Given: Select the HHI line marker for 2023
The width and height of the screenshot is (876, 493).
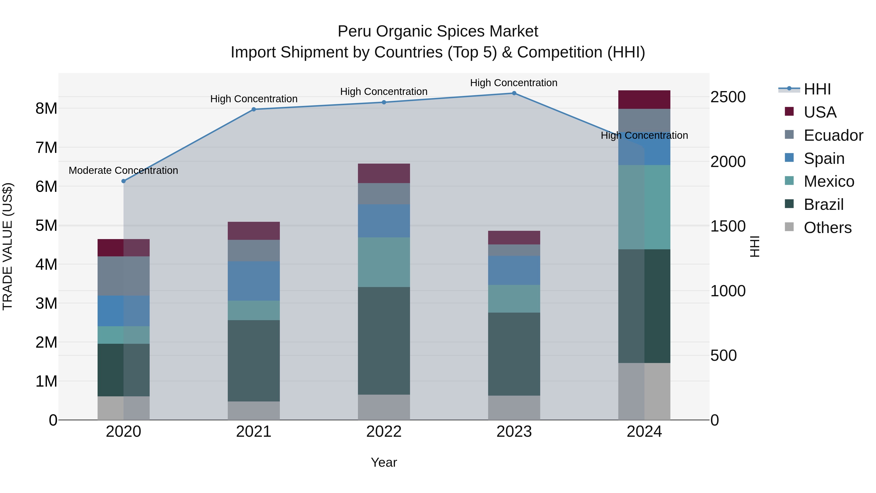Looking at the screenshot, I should [x=514, y=93].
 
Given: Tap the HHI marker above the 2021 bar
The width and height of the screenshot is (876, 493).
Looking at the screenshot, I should [x=254, y=110].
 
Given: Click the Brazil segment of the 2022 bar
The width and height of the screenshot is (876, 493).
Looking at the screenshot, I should [x=383, y=341].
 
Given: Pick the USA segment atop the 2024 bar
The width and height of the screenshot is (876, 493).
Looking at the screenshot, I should [x=644, y=100].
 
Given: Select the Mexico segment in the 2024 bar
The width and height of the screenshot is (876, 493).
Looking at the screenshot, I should [x=644, y=207].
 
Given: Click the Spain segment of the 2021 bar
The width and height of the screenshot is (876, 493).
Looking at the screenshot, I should [x=254, y=281].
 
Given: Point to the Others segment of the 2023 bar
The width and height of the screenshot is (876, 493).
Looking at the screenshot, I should [x=514, y=408].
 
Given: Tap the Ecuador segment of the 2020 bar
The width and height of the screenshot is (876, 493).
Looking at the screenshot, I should [x=123, y=276].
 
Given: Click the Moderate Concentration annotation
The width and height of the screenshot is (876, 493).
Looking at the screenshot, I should [x=123, y=170].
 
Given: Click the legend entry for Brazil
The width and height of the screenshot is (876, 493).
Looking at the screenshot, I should [x=823, y=205].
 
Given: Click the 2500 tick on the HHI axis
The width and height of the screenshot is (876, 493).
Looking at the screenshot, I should [x=728, y=97].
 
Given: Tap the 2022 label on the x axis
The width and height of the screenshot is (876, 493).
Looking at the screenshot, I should [x=383, y=432].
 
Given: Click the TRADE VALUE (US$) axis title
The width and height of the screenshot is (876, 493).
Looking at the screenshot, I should [x=8, y=246].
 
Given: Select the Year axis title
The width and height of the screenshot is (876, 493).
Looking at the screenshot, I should [x=383, y=462].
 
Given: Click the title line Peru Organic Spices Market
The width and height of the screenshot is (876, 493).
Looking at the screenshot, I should [x=438, y=31].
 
